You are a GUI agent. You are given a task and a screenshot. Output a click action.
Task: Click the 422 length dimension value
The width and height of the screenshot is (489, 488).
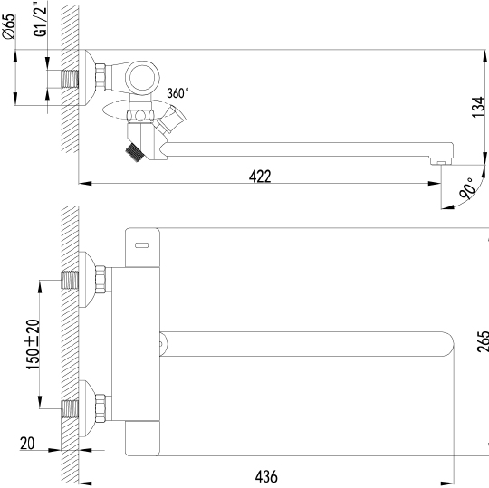[260, 177]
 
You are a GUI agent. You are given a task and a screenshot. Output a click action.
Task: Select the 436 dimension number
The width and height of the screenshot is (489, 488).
[266, 476]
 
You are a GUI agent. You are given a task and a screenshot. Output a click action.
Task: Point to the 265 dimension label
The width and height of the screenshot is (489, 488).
[483, 341]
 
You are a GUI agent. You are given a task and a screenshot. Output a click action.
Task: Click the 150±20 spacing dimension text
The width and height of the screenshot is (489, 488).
[34, 345]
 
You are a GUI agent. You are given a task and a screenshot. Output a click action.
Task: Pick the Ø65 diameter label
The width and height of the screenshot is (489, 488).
[9, 26]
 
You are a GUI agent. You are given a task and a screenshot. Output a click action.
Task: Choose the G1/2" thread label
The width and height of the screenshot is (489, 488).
[40, 19]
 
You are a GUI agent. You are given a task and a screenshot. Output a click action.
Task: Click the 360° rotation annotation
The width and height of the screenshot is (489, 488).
[177, 93]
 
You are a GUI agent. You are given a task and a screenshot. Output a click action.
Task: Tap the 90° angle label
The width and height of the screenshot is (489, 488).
[467, 188]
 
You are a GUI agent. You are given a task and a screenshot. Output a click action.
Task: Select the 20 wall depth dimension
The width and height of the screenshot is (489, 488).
[27, 443]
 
